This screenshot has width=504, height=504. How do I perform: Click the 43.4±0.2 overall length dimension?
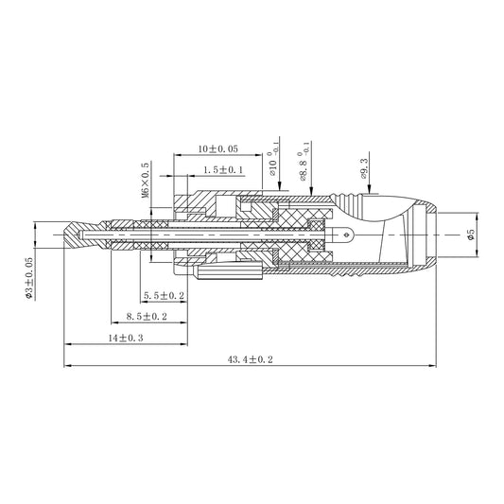tap(250, 359)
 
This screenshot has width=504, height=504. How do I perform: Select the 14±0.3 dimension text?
tap(126, 338)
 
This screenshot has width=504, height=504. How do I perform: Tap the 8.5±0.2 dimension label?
tap(147, 316)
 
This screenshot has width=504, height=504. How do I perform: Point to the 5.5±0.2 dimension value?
tap(164, 295)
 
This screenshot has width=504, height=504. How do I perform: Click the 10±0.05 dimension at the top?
tap(217, 148)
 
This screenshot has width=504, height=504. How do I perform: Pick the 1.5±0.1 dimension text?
tap(223, 169)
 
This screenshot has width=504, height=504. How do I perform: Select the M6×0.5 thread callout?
tap(146, 180)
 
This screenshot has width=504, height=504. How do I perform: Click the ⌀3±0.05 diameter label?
tap(29, 278)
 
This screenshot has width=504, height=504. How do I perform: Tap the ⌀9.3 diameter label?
tap(364, 168)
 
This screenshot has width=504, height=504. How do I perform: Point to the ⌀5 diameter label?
tap(471, 234)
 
